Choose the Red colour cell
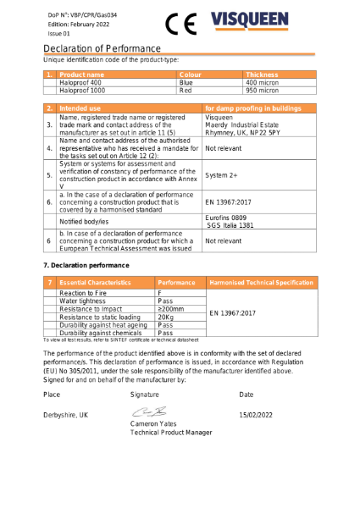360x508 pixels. [186, 90]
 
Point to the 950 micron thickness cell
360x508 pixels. [262, 90]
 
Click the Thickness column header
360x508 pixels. [262, 75]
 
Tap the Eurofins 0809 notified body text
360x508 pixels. [228, 217]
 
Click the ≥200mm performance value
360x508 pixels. [169, 309]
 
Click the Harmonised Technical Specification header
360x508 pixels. [261, 282]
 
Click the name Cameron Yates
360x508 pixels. [155, 423]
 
